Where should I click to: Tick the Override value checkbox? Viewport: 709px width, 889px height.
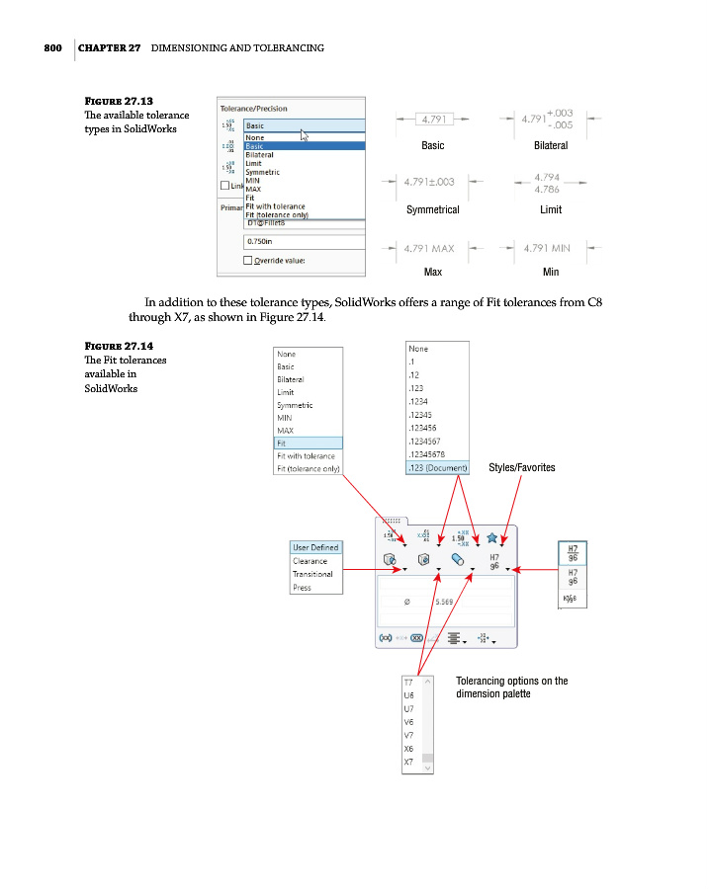(248, 261)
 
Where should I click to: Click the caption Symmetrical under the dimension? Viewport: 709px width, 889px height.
(432, 210)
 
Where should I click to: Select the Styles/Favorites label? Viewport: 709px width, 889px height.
(521, 468)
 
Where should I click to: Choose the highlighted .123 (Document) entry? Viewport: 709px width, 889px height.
(438, 467)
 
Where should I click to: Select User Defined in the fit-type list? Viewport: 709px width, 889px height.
(315, 547)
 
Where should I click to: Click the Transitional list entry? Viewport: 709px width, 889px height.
(312, 574)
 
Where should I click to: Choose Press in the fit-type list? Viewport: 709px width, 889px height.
(302, 588)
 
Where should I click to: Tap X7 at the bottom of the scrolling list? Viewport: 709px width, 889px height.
(407, 763)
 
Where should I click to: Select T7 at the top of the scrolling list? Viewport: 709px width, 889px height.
(407, 683)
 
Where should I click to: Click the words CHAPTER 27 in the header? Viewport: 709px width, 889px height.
(109, 48)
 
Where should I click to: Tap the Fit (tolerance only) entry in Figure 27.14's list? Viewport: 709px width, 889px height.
(306, 468)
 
